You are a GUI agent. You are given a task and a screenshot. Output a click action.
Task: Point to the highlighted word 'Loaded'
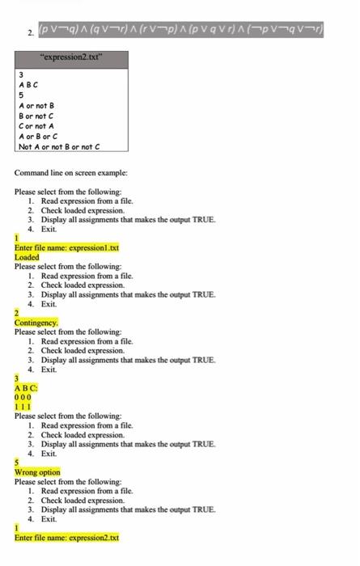click(x=28, y=257)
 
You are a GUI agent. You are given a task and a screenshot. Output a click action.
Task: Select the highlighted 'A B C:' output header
click(x=27, y=387)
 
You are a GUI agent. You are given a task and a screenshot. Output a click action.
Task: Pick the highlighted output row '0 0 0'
click(x=23, y=397)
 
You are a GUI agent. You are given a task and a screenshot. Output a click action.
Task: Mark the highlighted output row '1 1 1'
click(x=23, y=406)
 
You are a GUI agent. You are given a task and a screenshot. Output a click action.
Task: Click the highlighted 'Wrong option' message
click(x=37, y=472)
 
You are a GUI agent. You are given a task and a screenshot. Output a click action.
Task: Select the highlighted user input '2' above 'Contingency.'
click(x=17, y=312)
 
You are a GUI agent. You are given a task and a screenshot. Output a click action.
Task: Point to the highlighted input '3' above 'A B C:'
click(x=17, y=378)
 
